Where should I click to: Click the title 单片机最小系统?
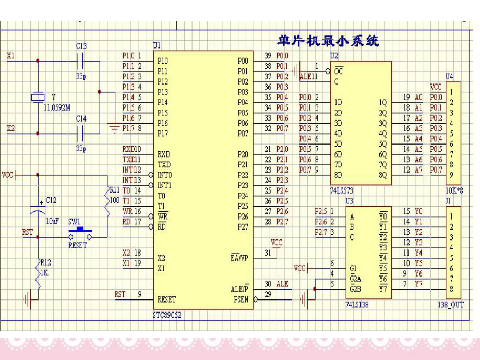[328, 40]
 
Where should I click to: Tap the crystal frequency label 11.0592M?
[57, 107]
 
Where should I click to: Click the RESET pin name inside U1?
[166, 299]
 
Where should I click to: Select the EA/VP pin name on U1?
[239, 258]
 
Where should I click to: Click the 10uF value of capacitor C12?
[52, 221]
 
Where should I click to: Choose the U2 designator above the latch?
[334, 55]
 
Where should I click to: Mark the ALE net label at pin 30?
[282, 284]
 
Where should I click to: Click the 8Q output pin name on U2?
[383, 175]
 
